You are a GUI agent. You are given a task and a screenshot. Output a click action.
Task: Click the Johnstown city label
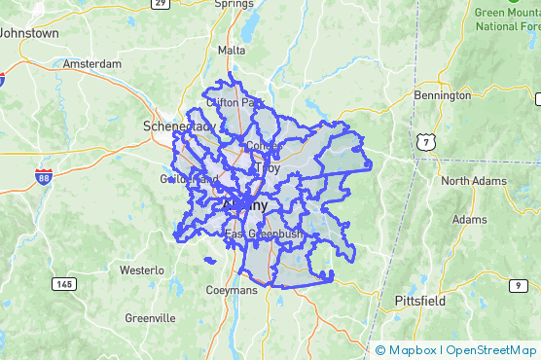pyautogui.click(x=29, y=32)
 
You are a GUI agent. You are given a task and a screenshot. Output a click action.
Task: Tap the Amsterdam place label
pyautogui.click(x=91, y=63)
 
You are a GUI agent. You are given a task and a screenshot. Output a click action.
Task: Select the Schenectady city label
pyautogui.click(x=177, y=126)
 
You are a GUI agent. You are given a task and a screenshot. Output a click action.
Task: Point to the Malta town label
pyautogui.click(x=232, y=50)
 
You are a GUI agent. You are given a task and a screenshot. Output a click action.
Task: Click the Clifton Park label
pyautogui.click(x=234, y=102)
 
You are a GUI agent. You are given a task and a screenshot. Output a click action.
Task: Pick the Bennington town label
pyautogui.click(x=442, y=95)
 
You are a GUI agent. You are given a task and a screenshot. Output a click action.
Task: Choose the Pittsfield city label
pyautogui.click(x=420, y=301)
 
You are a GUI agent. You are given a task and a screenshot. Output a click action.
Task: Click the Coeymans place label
pyautogui.click(x=231, y=290)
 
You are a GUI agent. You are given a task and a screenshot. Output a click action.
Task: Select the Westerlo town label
pyautogui.click(x=143, y=269)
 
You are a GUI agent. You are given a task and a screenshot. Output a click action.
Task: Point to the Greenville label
pyautogui.click(x=150, y=317)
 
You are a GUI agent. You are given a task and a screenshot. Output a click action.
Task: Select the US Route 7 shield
pyautogui.click(x=426, y=143)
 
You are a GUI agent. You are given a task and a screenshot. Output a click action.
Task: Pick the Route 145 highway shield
pyautogui.click(x=64, y=283)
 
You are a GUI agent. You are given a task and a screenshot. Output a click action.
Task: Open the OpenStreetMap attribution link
pyautogui.click(x=493, y=349)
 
